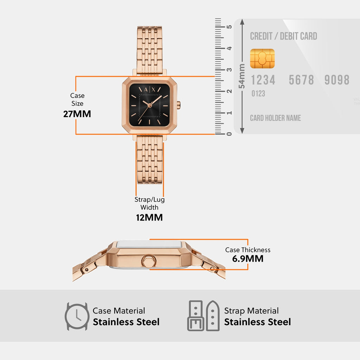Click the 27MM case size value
pos(77,114)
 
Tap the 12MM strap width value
pos(149,217)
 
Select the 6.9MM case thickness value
pos(247,259)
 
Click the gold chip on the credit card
pos(262,58)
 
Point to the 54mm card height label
pos(242,76)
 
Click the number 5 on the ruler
pos(229,27)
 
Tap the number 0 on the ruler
pos(229,134)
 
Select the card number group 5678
pos(301,80)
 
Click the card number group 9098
pos(337,80)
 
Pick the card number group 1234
pos(263,80)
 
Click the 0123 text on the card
pos(258,94)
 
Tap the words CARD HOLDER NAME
pos(275,118)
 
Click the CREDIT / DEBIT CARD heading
pos(283,36)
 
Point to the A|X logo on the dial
pos(149,89)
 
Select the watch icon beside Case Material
pos(77,316)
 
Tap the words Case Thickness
pos(247,250)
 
